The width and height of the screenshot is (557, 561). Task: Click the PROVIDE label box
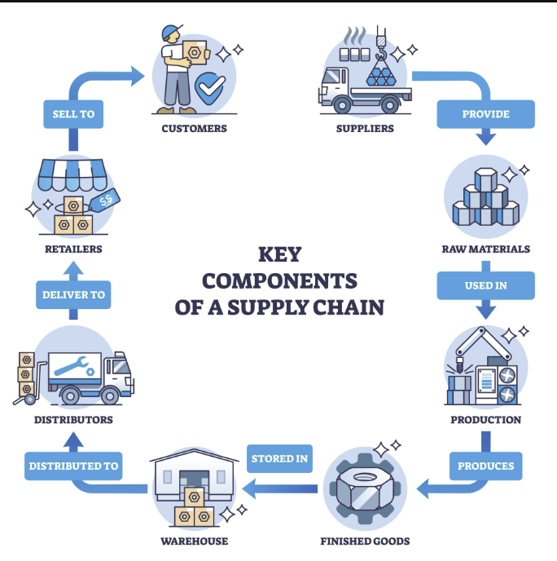[x=485, y=114]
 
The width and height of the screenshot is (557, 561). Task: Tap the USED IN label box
[x=485, y=285]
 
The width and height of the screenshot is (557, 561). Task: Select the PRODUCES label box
[x=485, y=466]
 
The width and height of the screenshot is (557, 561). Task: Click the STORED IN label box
[x=279, y=458]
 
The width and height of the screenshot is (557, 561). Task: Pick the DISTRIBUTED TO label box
[x=73, y=466]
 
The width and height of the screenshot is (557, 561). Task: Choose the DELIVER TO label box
[x=74, y=294]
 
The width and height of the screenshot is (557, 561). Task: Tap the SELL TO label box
[x=73, y=114]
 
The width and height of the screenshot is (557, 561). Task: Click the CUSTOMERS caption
[x=194, y=128]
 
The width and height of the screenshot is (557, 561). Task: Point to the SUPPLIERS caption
[x=365, y=128]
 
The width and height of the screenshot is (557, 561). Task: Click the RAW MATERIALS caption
[x=485, y=249]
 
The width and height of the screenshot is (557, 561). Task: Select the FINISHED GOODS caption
[x=365, y=541]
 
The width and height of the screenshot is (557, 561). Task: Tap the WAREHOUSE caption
[x=194, y=541]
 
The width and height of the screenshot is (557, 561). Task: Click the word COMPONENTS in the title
[x=279, y=280]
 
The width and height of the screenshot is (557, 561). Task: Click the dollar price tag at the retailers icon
[x=106, y=198]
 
